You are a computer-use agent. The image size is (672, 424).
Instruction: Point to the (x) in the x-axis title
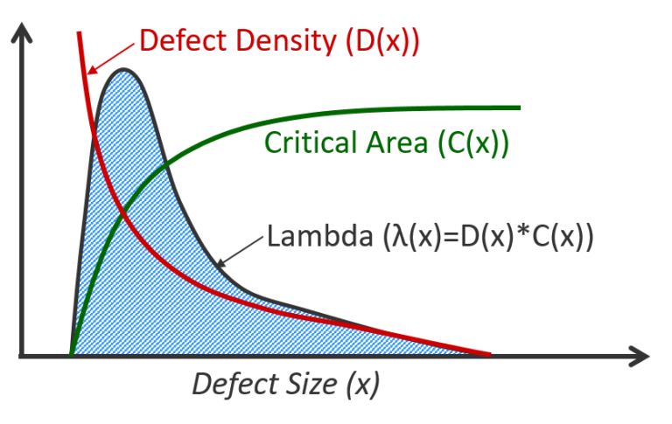[x=361, y=383]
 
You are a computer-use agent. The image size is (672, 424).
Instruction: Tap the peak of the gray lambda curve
[x=123, y=71]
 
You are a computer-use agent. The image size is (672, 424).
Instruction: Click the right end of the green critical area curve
[x=520, y=108]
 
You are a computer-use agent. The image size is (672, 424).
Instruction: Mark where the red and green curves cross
[x=122, y=212]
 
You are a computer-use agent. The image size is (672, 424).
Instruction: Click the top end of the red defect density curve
[x=80, y=32]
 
